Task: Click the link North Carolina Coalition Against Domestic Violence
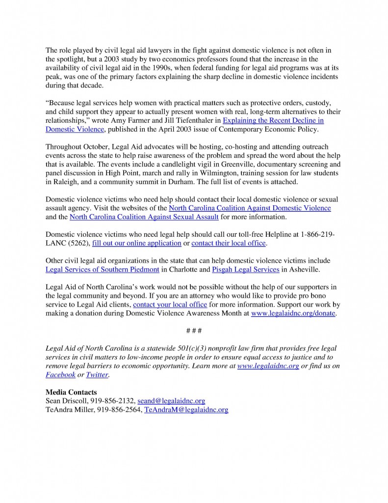point(250,208)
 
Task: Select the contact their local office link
point(229,243)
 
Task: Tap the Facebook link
point(60,375)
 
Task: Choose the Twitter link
point(97,375)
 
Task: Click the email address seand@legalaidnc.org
point(171,401)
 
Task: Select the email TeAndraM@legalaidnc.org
point(186,410)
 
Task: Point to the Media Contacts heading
point(71,392)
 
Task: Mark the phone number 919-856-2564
point(120,410)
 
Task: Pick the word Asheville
point(310,270)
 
